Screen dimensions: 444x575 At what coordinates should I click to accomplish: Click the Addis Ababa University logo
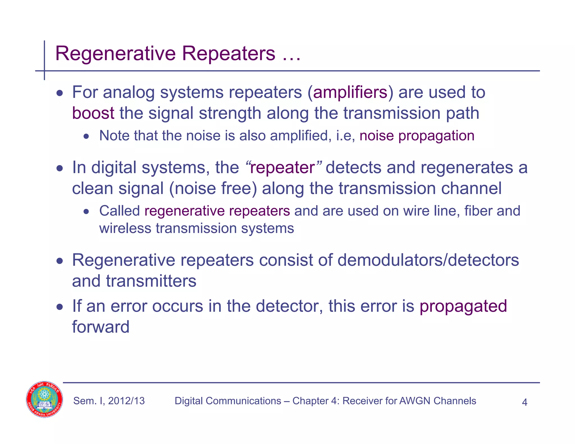(44, 399)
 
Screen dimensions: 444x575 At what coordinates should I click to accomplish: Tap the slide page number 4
(524, 402)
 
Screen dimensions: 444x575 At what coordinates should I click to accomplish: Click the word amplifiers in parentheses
(350, 92)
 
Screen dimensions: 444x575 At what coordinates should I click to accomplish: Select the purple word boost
(93, 113)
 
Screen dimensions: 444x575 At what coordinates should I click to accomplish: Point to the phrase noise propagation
(417, 136)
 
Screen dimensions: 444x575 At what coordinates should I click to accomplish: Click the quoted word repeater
(282, 168)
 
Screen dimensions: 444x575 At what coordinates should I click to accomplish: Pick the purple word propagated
(463, 306)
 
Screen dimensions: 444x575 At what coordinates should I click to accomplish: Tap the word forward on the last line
(101, 327)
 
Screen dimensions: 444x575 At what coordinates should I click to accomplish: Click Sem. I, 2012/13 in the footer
(109, 401)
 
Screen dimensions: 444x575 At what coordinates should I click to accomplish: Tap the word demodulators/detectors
(428, 260)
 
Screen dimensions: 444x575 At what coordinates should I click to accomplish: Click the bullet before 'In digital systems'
(60, 168)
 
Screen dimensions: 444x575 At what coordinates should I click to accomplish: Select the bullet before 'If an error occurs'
(60, 307)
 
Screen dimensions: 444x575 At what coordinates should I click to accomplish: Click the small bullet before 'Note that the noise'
(86, 137)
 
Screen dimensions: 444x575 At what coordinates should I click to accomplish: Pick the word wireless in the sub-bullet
(125, 228)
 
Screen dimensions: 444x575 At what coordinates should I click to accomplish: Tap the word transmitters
(151, 281)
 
